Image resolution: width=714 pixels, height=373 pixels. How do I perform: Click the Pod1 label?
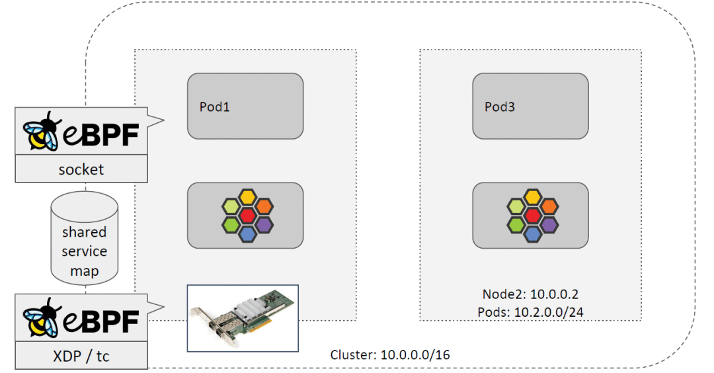(215, 106)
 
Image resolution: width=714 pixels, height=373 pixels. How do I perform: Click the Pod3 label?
(500, 106)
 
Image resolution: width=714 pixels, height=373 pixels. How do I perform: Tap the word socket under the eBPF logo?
(81, 169)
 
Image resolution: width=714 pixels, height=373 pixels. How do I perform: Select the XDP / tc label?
(81, 356)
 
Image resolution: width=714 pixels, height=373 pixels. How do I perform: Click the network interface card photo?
(243, 318)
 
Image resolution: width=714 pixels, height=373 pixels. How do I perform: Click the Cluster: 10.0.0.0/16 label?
(390, 355)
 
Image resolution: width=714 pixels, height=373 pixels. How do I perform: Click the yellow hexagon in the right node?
(532, 196)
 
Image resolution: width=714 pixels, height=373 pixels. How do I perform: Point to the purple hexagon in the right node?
(548, 224)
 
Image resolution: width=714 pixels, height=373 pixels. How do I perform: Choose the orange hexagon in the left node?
(262, 206)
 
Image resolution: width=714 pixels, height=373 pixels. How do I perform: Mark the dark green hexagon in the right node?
(516, 224)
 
